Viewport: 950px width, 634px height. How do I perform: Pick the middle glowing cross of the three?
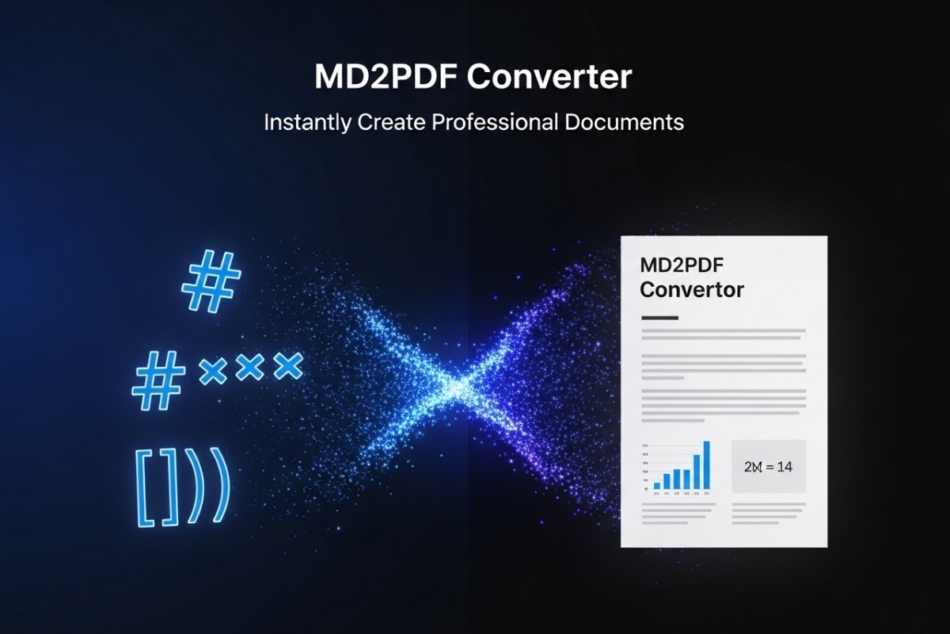click(x=250, y=365)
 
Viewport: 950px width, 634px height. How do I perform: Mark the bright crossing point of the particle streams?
click(x=459, y=386)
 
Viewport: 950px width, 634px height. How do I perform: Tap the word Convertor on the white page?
click(x=692, y=289)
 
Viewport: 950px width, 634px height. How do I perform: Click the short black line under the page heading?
click(x=659, y=317)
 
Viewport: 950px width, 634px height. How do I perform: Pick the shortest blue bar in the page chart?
click(x=656, y=483)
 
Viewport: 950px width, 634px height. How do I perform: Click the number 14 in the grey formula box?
click(x=784, y=466)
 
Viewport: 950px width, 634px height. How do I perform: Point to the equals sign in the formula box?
click(x=767, y=467)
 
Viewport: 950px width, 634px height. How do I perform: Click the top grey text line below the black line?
click(x=723, y=330)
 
